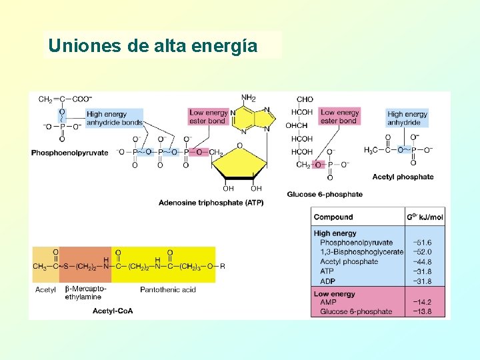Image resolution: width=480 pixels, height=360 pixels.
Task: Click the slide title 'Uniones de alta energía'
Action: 153,46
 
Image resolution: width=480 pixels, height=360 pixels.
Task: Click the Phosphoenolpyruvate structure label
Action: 69,153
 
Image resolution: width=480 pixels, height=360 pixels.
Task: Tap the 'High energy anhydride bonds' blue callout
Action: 115,118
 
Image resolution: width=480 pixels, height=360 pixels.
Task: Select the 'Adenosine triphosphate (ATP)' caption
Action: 211,203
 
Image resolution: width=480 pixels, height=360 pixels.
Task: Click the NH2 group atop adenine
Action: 248,98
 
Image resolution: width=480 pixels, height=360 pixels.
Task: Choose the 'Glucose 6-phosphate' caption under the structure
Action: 325,195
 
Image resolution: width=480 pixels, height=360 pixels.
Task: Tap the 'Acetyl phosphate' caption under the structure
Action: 403,177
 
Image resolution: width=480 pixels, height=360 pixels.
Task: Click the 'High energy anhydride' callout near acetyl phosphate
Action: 407,118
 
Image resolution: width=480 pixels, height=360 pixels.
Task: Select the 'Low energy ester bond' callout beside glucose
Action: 339,117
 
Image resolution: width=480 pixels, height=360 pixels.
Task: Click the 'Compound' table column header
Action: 333,217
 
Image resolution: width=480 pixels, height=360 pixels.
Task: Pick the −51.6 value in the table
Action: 422,243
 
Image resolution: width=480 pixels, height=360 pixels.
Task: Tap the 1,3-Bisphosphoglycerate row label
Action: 361,252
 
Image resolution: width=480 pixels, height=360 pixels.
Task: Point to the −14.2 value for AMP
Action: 422,302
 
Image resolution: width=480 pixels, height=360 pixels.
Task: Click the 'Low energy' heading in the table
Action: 334,293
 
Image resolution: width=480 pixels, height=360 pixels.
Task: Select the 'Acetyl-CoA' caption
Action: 113,311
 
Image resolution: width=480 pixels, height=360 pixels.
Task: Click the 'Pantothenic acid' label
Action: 168,289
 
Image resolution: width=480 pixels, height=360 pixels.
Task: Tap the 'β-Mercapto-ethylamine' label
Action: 85,293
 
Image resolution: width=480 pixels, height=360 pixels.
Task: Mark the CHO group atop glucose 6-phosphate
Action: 305,99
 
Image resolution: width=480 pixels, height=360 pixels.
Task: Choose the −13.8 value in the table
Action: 422,311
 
